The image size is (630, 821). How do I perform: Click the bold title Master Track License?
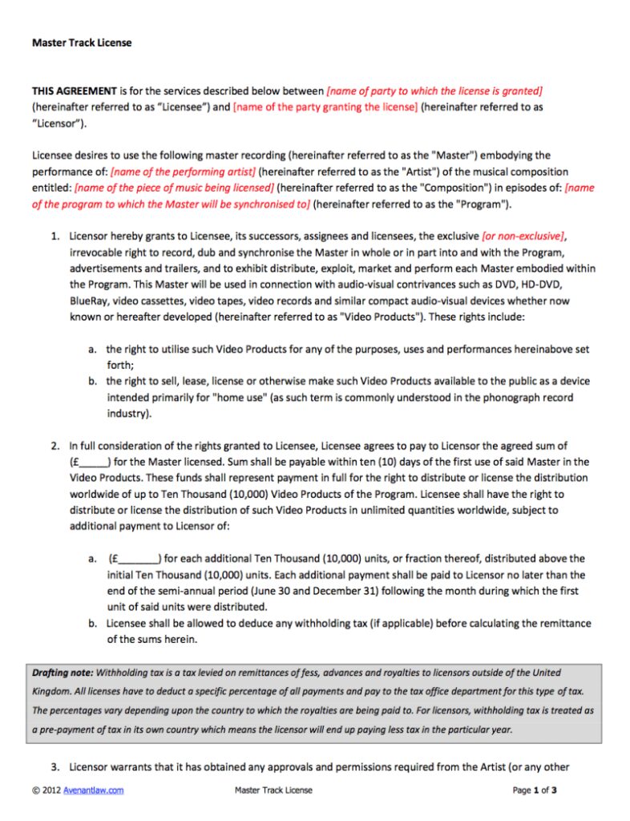tap(81, 42)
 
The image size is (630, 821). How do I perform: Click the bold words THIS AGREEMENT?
tap(74, 91)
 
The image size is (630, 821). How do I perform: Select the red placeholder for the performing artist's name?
tap(184, 172)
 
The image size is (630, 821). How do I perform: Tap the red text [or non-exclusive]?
tap(523, 236)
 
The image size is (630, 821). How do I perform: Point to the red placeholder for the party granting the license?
tap(325, 107)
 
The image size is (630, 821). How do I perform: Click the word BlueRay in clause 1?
tap(90, 301)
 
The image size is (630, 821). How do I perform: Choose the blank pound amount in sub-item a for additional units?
tap(135, 558)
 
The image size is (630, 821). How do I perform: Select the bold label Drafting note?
tap(63, 673)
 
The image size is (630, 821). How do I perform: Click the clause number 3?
tap(55, 766)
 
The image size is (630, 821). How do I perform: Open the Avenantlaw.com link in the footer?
tap(94, 791)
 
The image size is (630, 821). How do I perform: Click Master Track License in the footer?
tap(273, 791)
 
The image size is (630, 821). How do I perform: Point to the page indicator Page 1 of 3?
tap(534, 791)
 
